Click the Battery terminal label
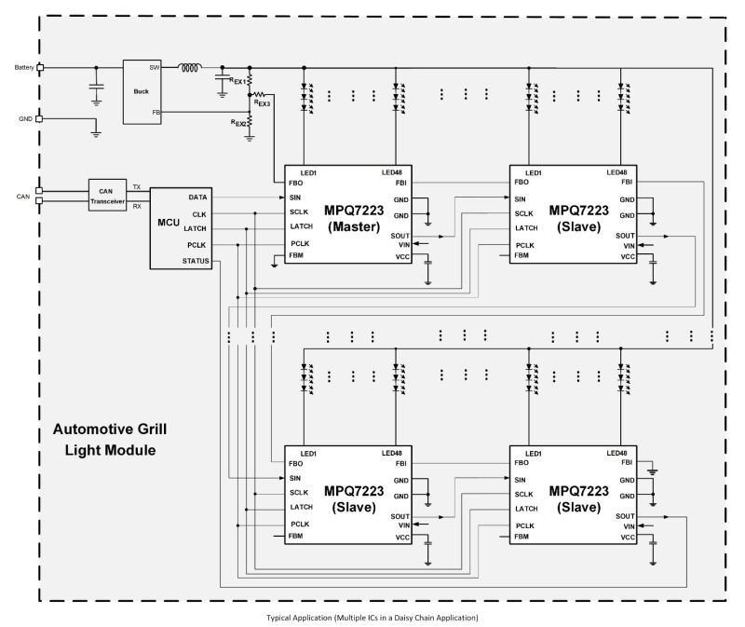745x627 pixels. tap(23, 67)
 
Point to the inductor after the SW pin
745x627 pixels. tap(190, 67)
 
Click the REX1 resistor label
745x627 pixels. tap(237, 82)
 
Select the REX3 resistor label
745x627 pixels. tap(263, 102)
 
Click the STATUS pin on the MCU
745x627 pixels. tap(196, 261)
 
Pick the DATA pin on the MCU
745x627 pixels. tap(197, 198)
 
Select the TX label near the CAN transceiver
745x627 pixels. tap(137, 187)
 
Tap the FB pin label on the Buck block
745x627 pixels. tap(156, 112)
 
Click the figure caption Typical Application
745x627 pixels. tap(372, 617)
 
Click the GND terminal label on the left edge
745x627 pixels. tap(25, 118)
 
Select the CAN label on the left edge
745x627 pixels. tap(23, 197)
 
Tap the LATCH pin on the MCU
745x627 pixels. tap(196, 229)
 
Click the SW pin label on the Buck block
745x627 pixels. tap(155, 67)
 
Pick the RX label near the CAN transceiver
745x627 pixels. tap(137, 206)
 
